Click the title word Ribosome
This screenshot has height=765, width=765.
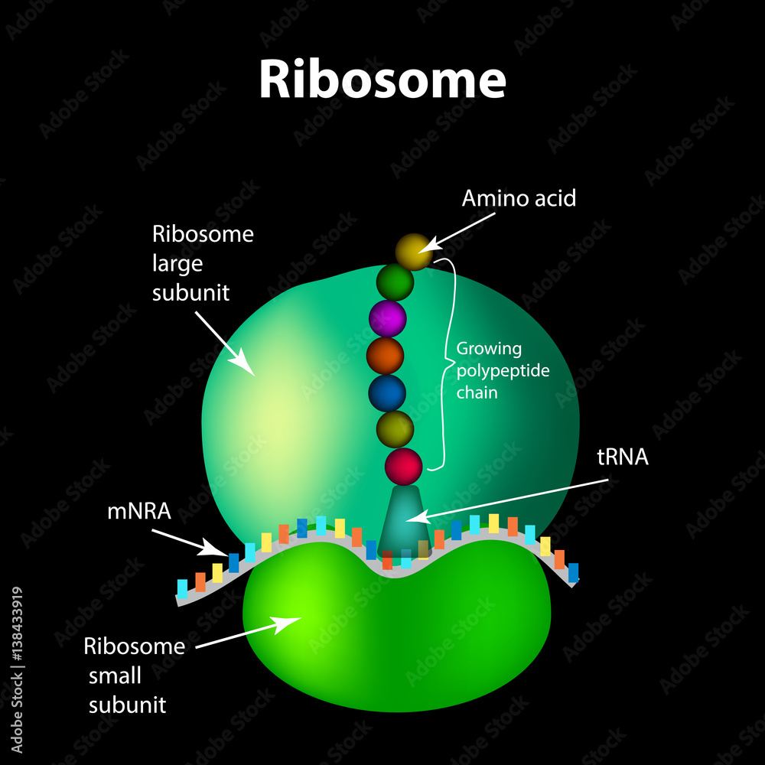tap(382, 79)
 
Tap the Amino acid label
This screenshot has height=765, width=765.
tap(518, 199)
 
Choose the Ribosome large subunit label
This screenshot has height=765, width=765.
tap(202, 263)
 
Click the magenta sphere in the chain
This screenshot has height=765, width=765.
tap(387, 318)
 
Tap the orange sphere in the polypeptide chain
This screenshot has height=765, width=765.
tap(385, 356)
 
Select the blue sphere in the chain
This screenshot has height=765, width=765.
tap(387, 392)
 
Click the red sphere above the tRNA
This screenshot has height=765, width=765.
tap(403, 466)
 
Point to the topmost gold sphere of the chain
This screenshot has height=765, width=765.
tap(414, 252)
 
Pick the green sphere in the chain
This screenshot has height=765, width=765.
tap(395, 282)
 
